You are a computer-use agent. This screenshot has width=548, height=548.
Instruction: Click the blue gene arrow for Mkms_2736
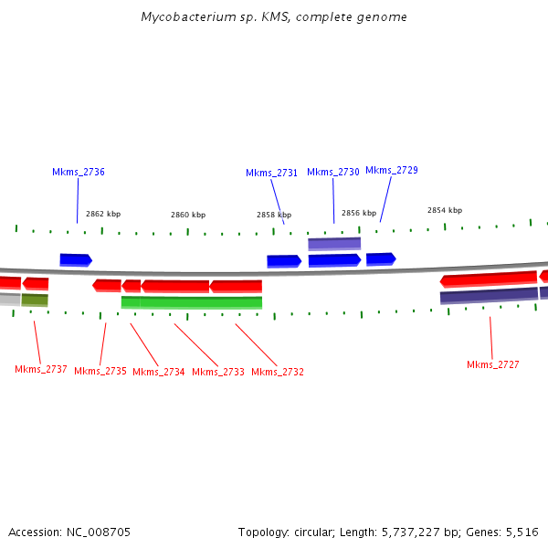pos(76,260)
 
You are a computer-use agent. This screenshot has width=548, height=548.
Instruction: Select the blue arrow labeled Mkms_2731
pos(284,261)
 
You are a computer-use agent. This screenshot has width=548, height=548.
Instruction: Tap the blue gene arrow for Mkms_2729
pos(381,259)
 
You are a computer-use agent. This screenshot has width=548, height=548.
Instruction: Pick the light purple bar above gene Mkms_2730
pos(334,244)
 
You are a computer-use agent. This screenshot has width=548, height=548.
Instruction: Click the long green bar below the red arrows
pos(192,302)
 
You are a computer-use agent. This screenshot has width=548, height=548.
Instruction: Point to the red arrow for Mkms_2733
pos(174,286)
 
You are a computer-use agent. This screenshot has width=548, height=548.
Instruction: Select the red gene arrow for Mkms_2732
pos(236,286)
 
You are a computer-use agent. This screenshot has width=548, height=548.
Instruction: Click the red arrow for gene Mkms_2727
pos(489,279)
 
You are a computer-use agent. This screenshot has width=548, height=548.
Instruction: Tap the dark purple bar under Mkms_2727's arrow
pos(489,295)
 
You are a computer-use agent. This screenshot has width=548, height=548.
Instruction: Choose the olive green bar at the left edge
pos(35,300)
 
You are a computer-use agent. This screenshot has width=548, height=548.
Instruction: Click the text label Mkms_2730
pos(333,172)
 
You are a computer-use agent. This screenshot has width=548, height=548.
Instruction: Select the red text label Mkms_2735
pos(100,372)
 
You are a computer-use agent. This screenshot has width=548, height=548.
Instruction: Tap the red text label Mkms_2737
pos(41,370)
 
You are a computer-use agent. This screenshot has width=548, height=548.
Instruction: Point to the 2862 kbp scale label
pos(103,214)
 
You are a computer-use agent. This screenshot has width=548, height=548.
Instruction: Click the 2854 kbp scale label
pos(445,210)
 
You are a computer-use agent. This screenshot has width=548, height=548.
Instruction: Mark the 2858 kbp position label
pos(274,215)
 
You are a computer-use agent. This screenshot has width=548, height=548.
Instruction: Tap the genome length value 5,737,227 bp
pos(414,532)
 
